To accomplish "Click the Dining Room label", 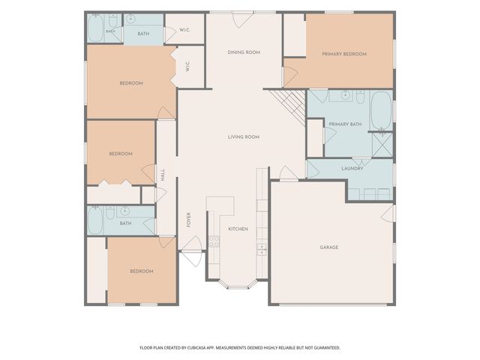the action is point(244,52).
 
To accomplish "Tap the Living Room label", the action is point(243,136).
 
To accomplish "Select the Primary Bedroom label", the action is point(344,54).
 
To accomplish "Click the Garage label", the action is point(329,247).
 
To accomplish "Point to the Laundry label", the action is point(352,168).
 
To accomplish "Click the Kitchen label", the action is point(238,229).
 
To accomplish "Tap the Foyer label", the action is point(188,220).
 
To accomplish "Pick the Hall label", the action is point(163,175).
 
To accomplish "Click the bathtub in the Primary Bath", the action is point(381,111).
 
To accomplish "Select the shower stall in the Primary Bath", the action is point(382,145).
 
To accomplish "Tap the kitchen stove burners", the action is point(214,241).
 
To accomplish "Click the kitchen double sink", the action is point(262,249).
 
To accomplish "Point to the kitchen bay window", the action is point(238,284).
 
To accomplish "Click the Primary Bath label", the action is point(345,124).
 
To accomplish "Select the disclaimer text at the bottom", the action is point(240,348).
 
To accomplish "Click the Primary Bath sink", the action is point(346,95).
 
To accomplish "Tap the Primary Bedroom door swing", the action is point(290,76).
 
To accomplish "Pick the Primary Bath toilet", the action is point(360,97).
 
